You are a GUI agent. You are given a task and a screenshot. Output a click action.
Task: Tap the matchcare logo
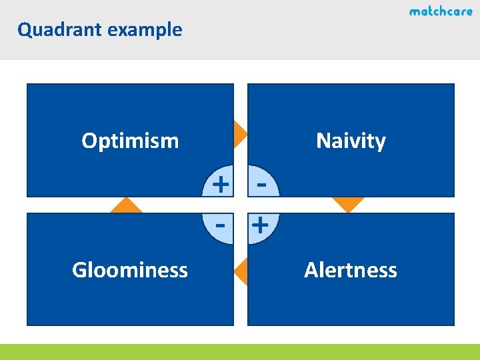pyautogui.click(x=441, y=11)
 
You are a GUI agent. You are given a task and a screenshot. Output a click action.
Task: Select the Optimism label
pyautogui.click(x=130, y=141)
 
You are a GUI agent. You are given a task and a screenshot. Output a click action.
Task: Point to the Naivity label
pyautogui.click(x=351, y=141)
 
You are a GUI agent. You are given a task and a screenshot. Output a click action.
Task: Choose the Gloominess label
pyautogui.click(x=130, y=270)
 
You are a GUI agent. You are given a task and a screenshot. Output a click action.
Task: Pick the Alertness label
pyautogui.click(x=351, y=270)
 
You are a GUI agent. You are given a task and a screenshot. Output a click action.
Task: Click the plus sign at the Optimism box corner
pyautogui.click(x=220, y=181)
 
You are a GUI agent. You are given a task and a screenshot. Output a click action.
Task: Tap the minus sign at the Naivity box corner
pyautogui.click(x=261, y=181)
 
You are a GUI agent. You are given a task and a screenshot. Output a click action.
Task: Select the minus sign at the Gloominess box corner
pyautogui.click(x=220, y=225)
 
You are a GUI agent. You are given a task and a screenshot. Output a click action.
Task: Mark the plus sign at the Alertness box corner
pyautogui.click(x=261, y=225)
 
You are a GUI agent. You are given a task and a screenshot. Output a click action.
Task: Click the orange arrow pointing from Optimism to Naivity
pyautogui.click(x=240, y=133)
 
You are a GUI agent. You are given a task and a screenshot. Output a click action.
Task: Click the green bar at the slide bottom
pyautogui.click(x=240, y=352)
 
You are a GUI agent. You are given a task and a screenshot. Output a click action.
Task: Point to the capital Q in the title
pyautogui.click(x=24, y=30)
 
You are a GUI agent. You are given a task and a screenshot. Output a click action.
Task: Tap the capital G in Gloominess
pyautogui.click(x=79, y=270)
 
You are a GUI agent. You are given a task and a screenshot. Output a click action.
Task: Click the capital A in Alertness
pyautogui.click(x=311, y=270)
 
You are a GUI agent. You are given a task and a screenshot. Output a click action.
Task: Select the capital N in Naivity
pyautogui.click(x=323, y=141)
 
